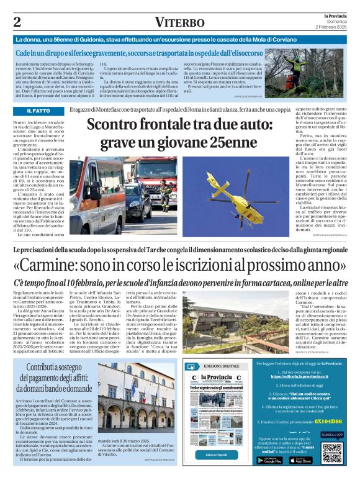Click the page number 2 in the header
pyautogui.click(x=17, y=22)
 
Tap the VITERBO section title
pyautogui.click(x=179, y=22)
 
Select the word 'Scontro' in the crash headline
pyautogui.click(x=115, y=126)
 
